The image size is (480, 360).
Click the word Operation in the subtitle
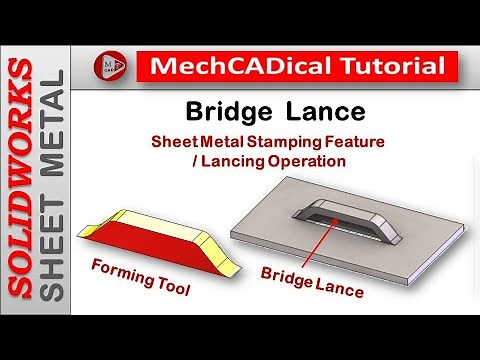314,160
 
